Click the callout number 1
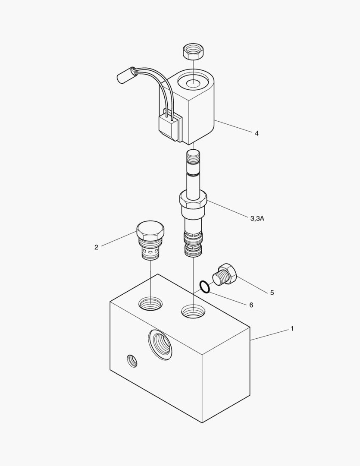click(292, 329)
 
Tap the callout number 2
click(96, 247)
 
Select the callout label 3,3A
click(257, 219)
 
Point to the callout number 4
click(257, 133)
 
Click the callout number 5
click(272, 293)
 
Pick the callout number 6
click(251, 305)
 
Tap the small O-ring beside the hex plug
click(205, 287)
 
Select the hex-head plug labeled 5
click(225, 274)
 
